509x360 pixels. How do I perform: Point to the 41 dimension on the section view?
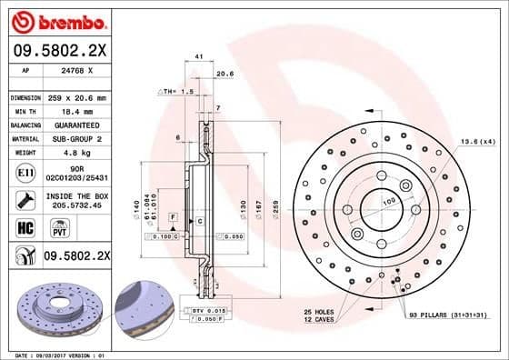click(198, 57)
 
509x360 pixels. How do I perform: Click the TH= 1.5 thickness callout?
click(178, 93)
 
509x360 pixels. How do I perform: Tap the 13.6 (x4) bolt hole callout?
click(478, 142)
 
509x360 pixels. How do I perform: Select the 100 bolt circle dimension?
click(388, 200)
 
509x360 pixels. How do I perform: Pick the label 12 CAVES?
click(319, 320)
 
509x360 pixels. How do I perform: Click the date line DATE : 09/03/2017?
click(45, 354)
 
